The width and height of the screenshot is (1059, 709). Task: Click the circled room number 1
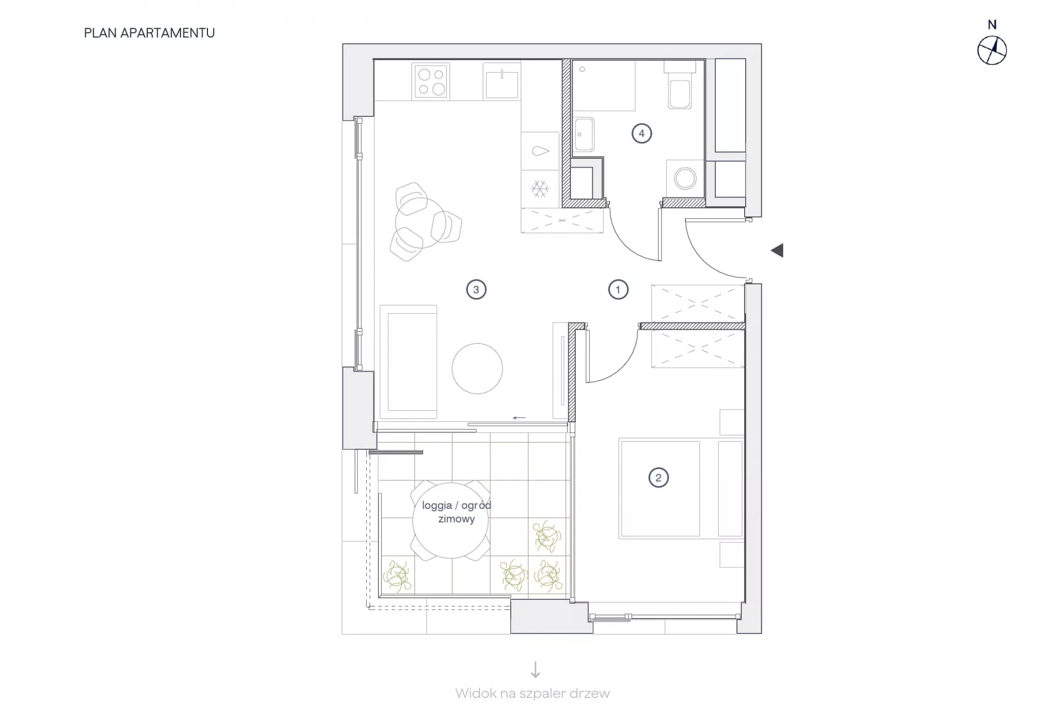[x=618, y=289]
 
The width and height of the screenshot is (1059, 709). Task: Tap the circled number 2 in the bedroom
[x=658, y=477]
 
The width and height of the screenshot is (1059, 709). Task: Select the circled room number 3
[x=476, y=289]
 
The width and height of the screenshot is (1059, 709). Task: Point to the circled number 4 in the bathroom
[x=641, y=133]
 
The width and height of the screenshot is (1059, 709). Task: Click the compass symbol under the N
[x=992, y=51]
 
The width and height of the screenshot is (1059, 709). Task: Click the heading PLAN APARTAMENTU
[x=149, y=33]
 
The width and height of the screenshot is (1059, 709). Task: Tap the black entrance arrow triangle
[x=777, y=250]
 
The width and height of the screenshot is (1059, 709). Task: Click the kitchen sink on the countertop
[x=502, y=82]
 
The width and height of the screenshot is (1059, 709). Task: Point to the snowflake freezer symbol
[x=540, y=189]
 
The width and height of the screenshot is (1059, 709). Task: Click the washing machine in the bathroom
[x=686, y=179]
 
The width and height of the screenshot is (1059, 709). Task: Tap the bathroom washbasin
[x=584, y=134]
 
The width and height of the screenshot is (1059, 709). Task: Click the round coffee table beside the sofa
[x=477, y=368]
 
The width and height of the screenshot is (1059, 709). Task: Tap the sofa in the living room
[x=409, y=362]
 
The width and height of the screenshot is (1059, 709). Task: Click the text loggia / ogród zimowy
[x=457, y=512]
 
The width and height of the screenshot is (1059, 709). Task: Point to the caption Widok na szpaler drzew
[x=533, y=694]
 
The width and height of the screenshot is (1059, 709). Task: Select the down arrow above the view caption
[x=535, y=669]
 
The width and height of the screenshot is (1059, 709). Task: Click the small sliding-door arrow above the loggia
[x=519, y=418]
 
